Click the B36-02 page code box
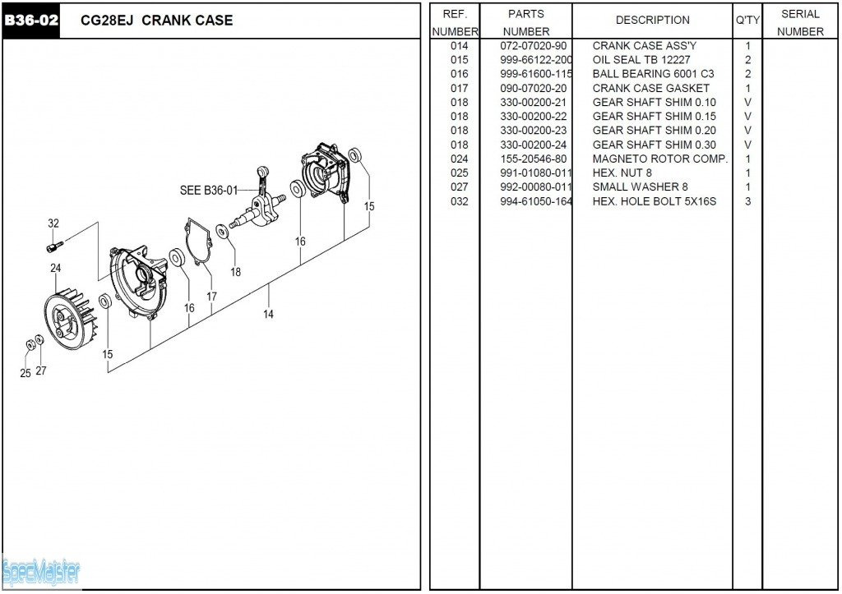click(x=31, y=21)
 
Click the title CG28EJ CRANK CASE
click(x=157, y=21)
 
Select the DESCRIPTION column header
click(x=652, y=21)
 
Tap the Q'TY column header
click(x=747, y=21)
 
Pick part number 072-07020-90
click(x=533, y=46)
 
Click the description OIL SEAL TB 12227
click(x=641, y=60)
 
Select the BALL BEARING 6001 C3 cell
click(x=654, y=74)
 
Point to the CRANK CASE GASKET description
click(x=651, y=89)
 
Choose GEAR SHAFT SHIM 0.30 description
click(x=654, y=145)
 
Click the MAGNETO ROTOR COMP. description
click(x=660, y=159)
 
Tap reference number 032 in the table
click(x=459, y=202)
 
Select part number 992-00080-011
click(x=536, y=187)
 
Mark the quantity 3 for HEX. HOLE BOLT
click(x=747, y=202)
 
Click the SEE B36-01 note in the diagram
click(x=208, y=191)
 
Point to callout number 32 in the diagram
click(x=53, y=223)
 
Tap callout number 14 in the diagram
click(x=268, y=315)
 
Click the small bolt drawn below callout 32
click(x=54, y=246)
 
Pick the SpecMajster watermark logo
click(x=41, y=573)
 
